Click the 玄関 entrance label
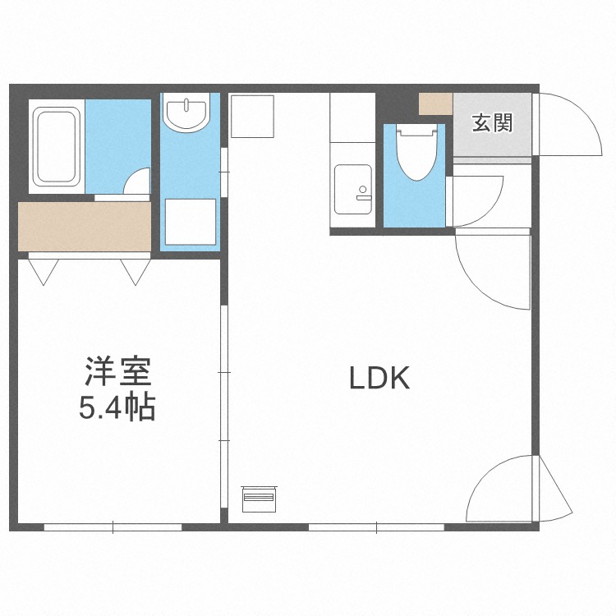click(x=492, y=122)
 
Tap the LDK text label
click(x=379, y=378)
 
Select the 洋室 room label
click(x=117, y=371)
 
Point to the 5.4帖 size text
click(x=117, y=407)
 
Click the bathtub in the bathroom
click(x=57, y=146)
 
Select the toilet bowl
click(x=416, y=153)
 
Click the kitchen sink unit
click(x=353, y=190)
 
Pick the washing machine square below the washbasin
click(x=191, y=222)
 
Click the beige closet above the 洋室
click(x=85, y=227)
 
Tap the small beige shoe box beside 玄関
click(x=435, y=103)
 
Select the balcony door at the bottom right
click(x=519, y=489)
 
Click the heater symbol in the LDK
click(x=260, y=499)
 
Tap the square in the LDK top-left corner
click(x=252, y=117)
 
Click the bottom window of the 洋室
click(x=113, y=527)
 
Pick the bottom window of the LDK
click(x=376, y=527)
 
